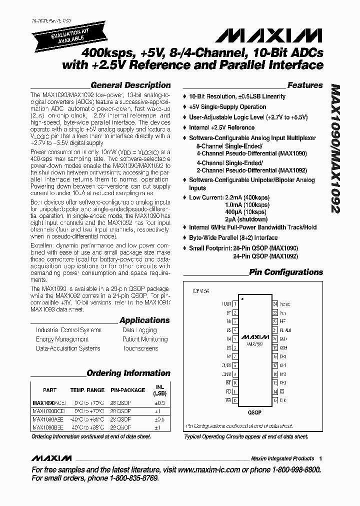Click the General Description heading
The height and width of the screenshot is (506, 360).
click(130, 85)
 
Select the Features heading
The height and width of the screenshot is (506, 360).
click(305, 85)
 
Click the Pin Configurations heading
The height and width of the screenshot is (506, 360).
click(286, 272)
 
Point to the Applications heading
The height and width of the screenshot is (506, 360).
click(144, 320)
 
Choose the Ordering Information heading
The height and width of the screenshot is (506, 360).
click(128, 373)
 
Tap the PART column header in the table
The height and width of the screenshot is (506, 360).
click(50, 390)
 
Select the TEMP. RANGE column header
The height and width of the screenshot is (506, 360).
click(87, 390)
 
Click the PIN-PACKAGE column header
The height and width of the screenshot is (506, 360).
click(127, 390)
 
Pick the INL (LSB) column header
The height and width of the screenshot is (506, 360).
click(159, 390)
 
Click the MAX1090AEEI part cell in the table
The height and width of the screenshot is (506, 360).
click(47, 419)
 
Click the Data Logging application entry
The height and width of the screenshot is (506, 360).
click(139, 330)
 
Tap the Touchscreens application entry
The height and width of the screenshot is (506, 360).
click(140, 348)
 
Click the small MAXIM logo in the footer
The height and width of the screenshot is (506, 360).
click(51, 458)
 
